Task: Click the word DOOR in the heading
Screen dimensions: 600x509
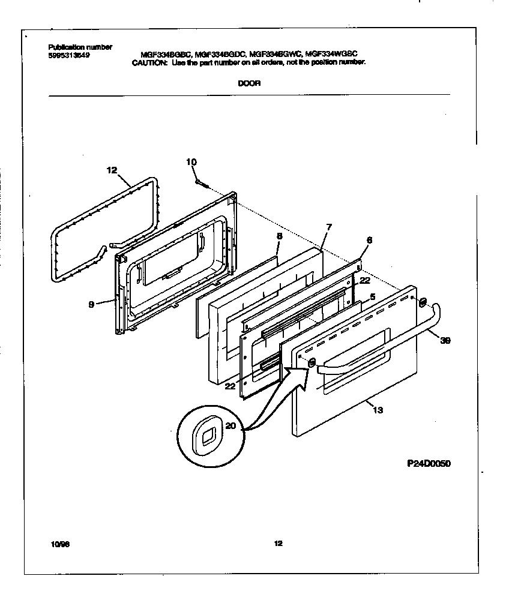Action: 248,83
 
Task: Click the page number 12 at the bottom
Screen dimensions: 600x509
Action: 278,544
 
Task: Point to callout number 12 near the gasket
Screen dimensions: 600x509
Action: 112,170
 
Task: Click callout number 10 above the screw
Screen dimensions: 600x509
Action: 191,161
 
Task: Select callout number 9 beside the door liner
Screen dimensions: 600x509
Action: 91,304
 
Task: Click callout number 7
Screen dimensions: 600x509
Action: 328,227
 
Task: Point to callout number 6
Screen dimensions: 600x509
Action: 369,239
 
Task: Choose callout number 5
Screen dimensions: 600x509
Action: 372,296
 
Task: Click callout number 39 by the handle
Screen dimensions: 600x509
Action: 445,340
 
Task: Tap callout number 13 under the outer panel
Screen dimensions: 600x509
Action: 378,410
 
